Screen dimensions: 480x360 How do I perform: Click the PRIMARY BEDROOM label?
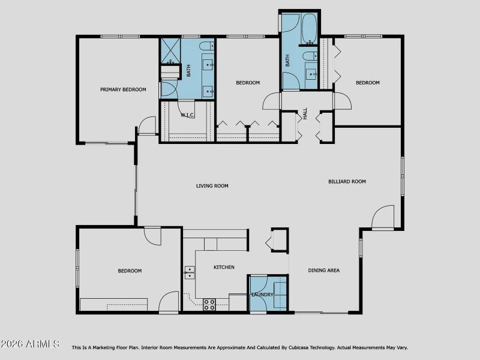(123, 89)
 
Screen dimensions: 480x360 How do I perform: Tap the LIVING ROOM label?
(212, 186)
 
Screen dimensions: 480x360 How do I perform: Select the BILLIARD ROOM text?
(347, 182)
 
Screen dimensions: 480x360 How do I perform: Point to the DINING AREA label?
(323, 271)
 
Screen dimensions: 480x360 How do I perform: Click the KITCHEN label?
(224, 267)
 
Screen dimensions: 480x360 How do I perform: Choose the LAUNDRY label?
(262, 295)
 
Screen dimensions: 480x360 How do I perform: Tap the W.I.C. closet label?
(187, 115)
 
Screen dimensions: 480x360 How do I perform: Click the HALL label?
(305, 113)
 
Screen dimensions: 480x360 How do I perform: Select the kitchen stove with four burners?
(209, 305)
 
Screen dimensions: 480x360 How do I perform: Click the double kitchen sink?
(189, 273)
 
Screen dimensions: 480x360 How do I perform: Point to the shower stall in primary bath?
(170, 50)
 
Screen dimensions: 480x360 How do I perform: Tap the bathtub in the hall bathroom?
(309, 28)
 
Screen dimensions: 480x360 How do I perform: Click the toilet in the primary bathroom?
(206, 46)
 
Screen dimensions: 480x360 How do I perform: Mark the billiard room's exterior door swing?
(382, 217)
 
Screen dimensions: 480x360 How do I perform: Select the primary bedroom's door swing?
(147, 125)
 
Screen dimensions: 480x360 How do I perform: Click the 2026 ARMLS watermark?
(29, 344)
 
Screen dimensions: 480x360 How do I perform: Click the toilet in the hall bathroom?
(310, 56)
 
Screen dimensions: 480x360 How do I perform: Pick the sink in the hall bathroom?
(311, 74)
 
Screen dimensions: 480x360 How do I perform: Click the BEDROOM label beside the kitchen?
(130, 271)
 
